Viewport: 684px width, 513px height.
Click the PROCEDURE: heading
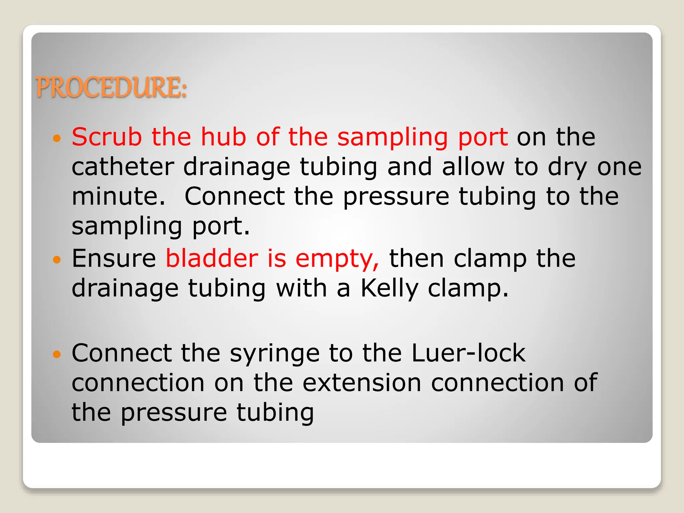click(111, 88)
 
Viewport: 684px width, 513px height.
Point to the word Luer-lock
click(469, 353)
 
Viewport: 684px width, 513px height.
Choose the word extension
click(362, 383)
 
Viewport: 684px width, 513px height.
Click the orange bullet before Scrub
click(57, 138)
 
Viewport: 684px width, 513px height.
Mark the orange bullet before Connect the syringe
click(57, 354)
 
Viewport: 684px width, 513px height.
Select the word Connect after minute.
click(234, 196)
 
